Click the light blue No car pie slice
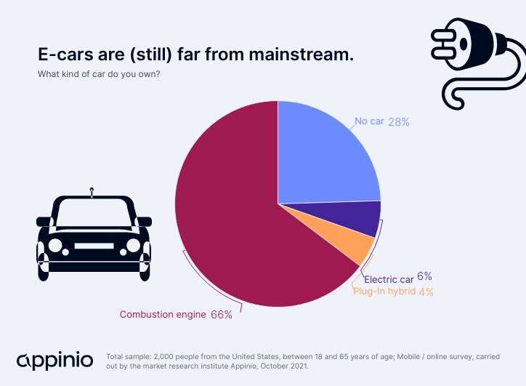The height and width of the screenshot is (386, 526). [x=323, y=156]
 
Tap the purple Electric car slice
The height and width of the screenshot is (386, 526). [x=360, y=219]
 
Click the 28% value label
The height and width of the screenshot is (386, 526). [x=399, y=121]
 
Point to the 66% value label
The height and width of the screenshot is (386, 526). [x=222, y=315]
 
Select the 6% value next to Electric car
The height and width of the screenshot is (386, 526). [x=425, y=276]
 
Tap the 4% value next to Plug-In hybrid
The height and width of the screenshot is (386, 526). [x=426, y=291]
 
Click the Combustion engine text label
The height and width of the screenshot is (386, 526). [x=163, y=315]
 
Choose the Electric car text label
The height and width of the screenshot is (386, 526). [x=389, y=279]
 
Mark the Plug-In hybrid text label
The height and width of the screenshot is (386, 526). [x=384, y=291]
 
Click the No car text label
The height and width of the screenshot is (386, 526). [x=369, y=121]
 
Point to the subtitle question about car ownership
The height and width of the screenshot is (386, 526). [x=99, y=74]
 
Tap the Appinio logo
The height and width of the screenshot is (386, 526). [x=54, y=360]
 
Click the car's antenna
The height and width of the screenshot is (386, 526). [x=92, y=193]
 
